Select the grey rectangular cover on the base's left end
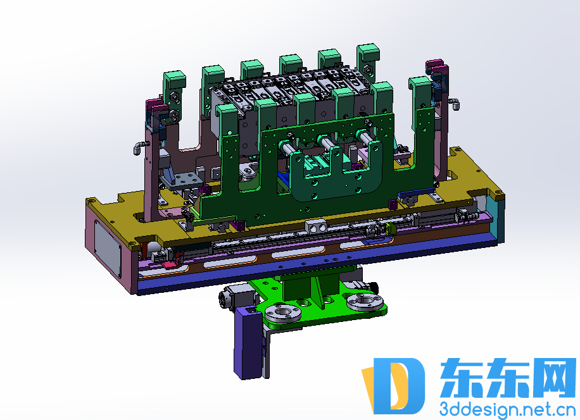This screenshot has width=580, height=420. [x=107, y=249]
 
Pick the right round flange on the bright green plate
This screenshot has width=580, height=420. [x=365, y=302]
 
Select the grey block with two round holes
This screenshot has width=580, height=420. [x=316, y=226]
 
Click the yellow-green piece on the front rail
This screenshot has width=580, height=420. [x=391, y=228]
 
